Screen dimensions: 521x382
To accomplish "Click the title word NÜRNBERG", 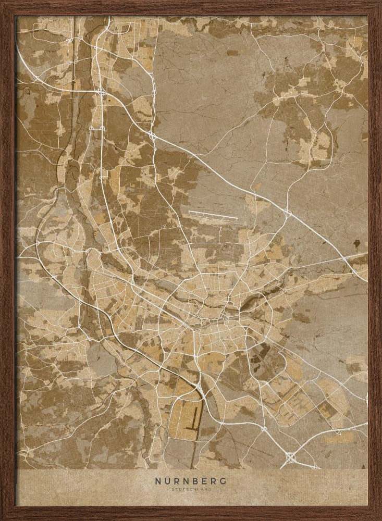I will tap(190, 481).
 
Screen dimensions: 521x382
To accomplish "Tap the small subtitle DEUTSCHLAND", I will tap(190, 489).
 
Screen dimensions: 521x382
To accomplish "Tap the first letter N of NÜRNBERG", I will tap(157, 481).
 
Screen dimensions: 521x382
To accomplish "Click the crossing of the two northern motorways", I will tap(101, 92).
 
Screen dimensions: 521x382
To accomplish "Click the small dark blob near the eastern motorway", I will tap(357, 243).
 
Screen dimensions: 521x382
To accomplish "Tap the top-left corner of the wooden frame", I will tap(3, 3).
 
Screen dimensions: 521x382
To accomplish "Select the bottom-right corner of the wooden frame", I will tap(379, 518).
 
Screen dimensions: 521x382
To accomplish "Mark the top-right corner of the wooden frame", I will tap(379, 3).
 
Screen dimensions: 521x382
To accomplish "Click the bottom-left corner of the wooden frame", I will tap(3, 518).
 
